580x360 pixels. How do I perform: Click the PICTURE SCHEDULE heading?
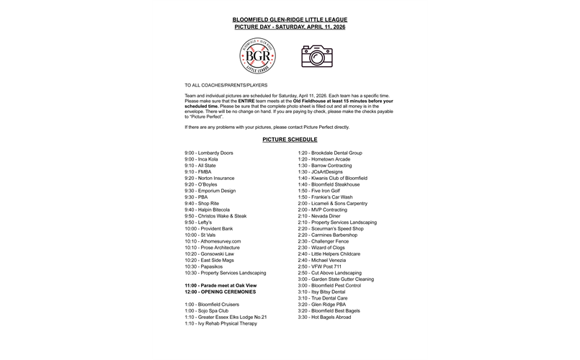pyautogui.click(x=290, y=140)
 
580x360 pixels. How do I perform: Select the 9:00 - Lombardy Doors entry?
pyautogui.click(x=209, y=153)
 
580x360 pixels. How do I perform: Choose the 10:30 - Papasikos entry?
pyautogui.click(x=205, y=266)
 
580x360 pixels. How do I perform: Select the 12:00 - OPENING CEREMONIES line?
pyautogui.click(x=221, y=292)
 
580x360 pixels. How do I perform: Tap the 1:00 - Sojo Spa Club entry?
pyautogui.click(x=206, y=310)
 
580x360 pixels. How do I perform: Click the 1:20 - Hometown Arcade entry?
pyautogui.click(x=325, y=159)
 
